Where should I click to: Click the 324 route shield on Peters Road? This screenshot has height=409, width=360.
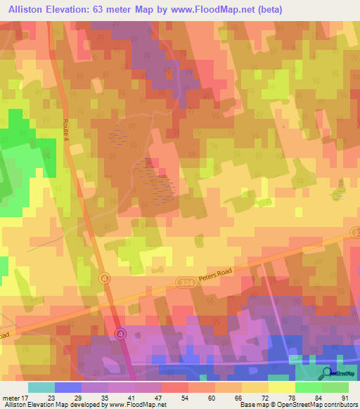coord(185,282)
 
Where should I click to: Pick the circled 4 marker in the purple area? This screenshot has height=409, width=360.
coord(120,333)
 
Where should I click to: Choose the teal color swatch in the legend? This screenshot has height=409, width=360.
coord(41,387)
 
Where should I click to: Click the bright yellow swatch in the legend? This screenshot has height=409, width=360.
coord(281,387)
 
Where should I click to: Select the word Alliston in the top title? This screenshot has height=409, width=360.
coord(24,8)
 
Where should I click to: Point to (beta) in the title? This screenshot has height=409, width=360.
coord(269,8)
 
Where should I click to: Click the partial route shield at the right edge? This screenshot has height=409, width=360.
coord(356,233)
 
